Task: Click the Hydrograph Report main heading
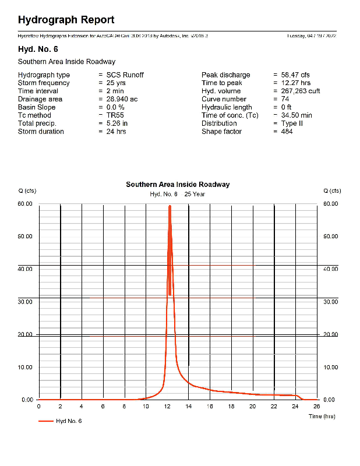(66, 20)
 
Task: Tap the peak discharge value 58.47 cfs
(296, 75)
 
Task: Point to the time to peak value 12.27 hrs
(296, 83)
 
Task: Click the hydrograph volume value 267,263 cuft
(300, 91)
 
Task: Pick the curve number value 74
(285, 99)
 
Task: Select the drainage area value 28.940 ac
(122, 99)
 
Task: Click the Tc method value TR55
(115, 115)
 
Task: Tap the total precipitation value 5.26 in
(117, 123)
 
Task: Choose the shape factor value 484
(287, 132)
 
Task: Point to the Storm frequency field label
(44, 83)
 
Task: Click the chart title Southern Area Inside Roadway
(178, 185)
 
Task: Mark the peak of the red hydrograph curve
(170, 206)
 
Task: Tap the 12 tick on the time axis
(167, 407)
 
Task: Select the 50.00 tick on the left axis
(27, 236)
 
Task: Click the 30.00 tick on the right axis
(330, 302)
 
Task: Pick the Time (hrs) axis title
(322, 416)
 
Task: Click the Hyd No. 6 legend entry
(68, 421)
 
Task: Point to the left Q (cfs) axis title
(27, 191)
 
